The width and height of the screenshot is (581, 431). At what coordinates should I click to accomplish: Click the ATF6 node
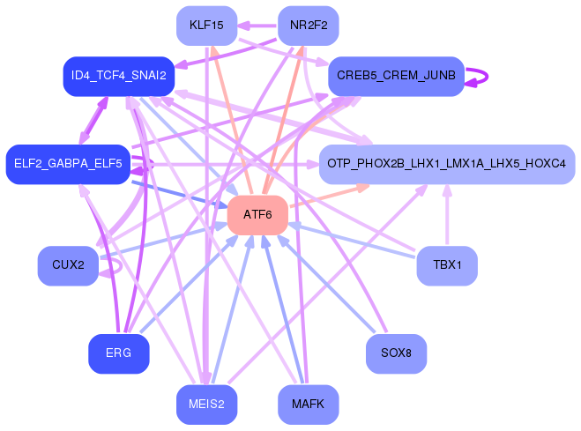(x=257, y=215)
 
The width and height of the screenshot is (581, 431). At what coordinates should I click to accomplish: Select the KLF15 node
(x=206, y=26)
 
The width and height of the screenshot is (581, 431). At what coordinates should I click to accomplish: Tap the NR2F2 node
(x=308, y=26)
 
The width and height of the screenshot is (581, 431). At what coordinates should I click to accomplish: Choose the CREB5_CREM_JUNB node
(x=396, y=77)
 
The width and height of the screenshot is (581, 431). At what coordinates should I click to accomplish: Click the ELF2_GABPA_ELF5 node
(x=68, y=164)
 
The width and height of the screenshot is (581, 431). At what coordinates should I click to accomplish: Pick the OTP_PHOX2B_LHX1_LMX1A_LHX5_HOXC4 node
(x=446, y=164)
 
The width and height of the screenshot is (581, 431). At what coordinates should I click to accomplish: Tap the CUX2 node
(x=68, y=265)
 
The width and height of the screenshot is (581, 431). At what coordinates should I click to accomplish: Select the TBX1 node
(x=446, y=265)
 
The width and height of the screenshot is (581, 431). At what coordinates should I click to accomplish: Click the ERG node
(x=118, y=353)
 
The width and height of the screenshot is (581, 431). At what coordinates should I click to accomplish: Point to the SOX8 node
(x=396, y=353)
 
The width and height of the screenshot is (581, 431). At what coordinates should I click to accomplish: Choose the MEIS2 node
(x=206, y=405)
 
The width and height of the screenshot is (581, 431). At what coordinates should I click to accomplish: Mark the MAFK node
(x=308, y=405)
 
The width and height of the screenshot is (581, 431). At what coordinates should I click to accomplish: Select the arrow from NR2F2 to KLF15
(x=257, y=26)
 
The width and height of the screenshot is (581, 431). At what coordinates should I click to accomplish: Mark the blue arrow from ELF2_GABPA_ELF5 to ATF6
(x=176, y=193)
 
